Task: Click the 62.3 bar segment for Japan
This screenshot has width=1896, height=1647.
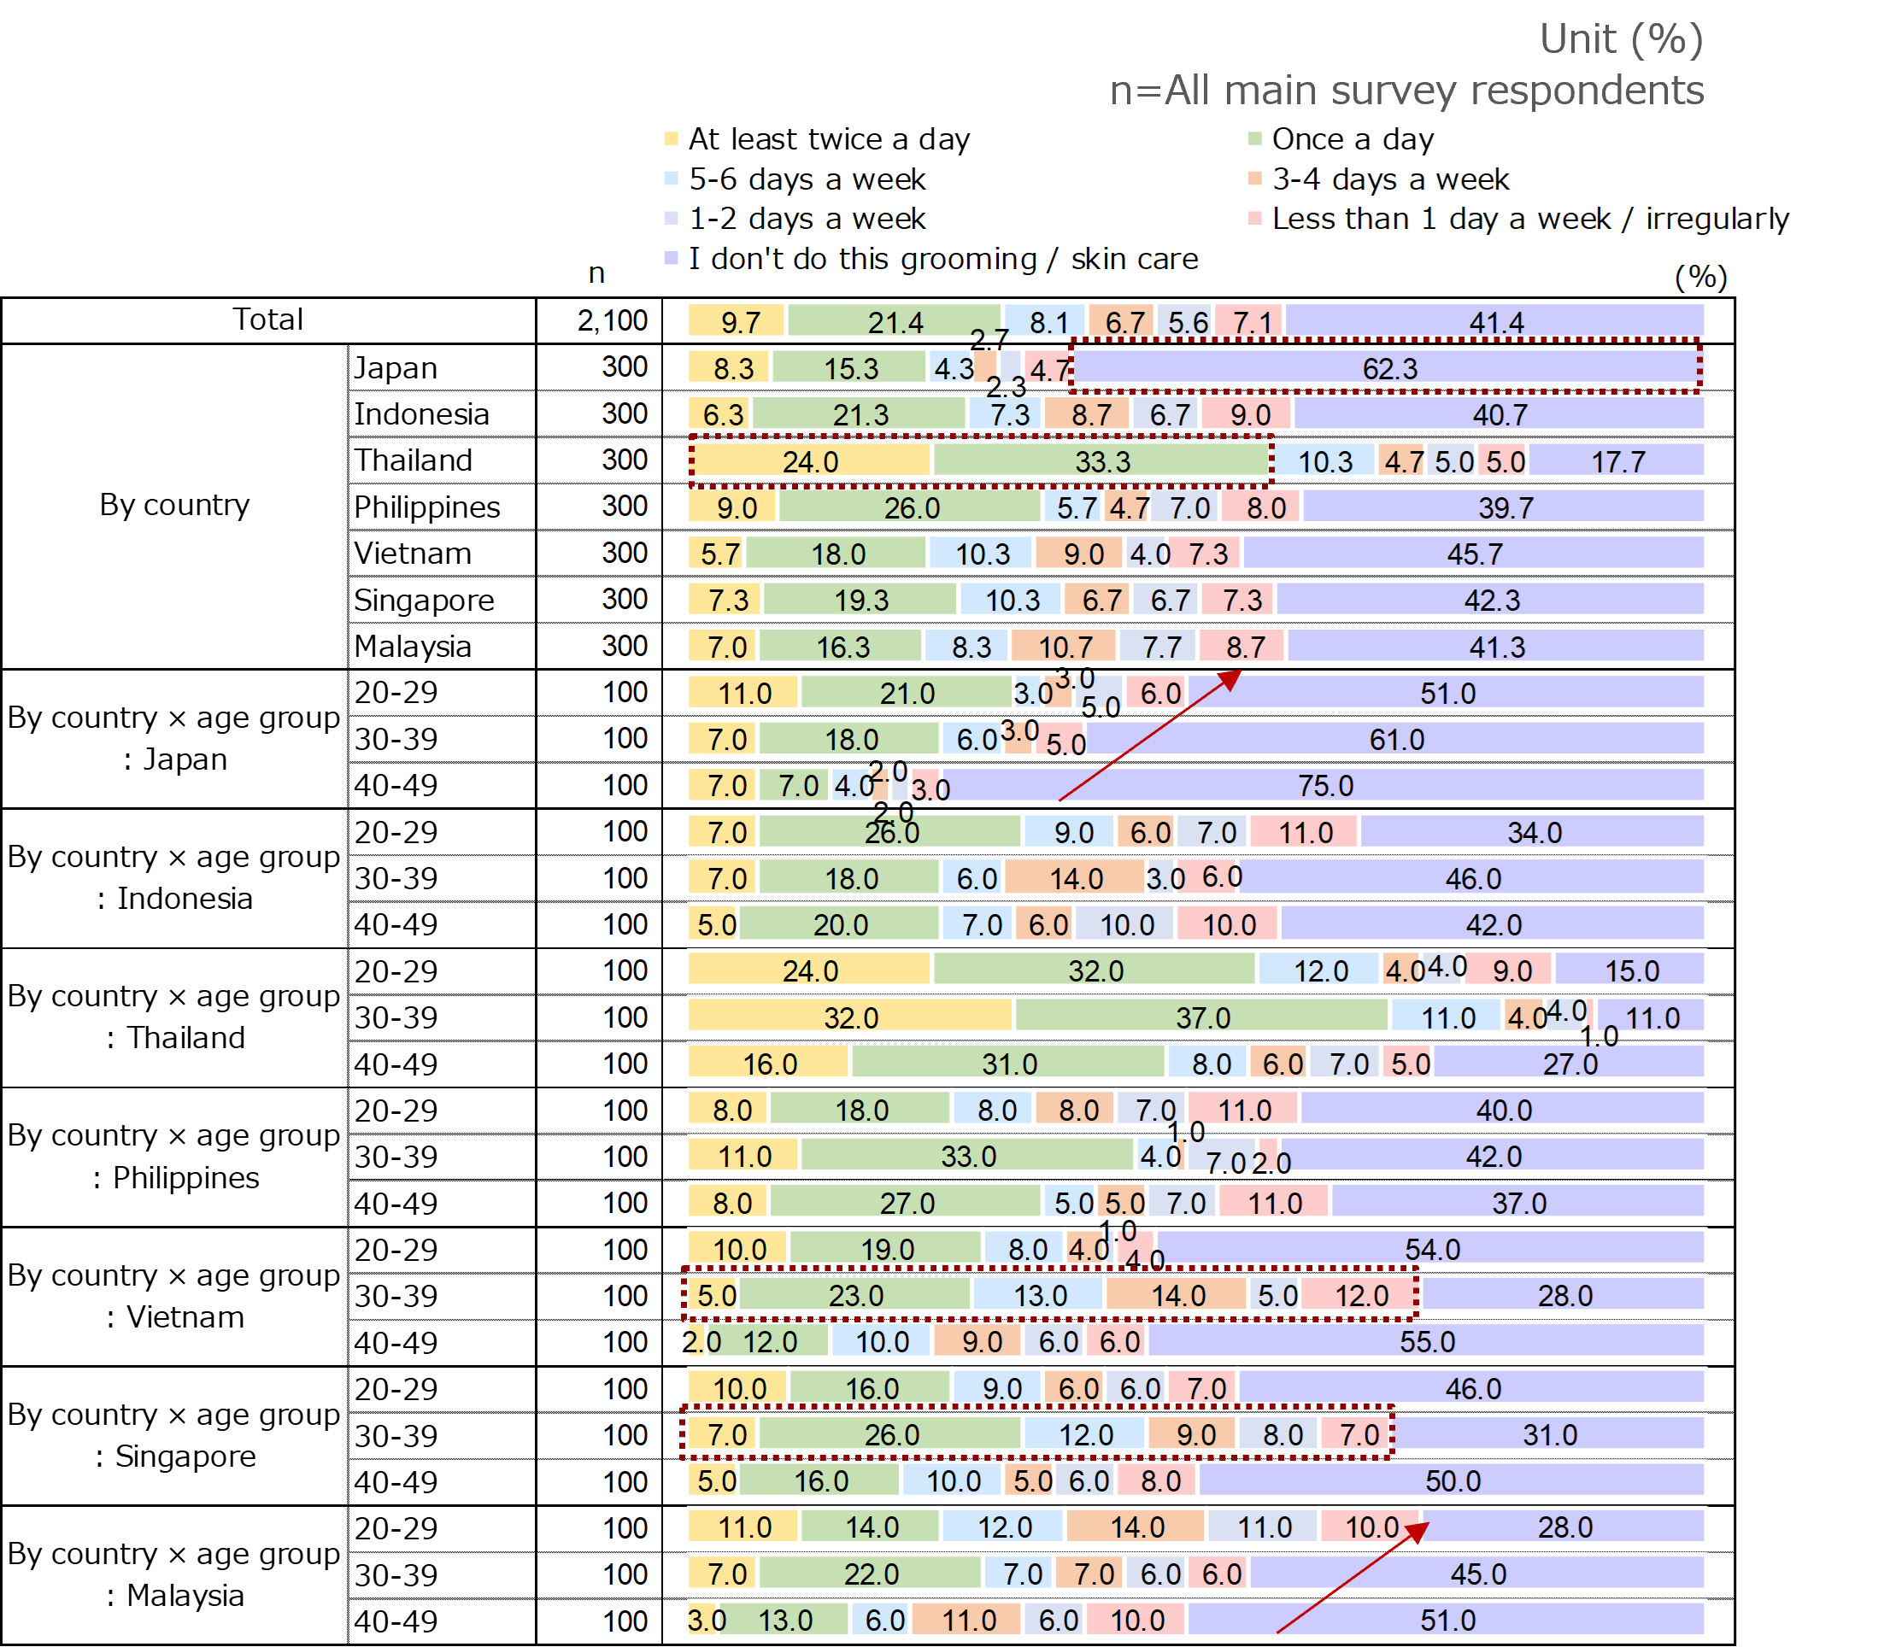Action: [1388, 368]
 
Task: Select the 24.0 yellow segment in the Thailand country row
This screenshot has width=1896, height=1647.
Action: [810, 460]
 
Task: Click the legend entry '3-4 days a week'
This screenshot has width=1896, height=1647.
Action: [1388, 179]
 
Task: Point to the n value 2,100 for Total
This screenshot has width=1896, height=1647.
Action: [612, 320]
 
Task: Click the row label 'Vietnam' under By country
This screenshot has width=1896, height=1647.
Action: [413, 554]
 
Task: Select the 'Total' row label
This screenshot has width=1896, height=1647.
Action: [267, 319]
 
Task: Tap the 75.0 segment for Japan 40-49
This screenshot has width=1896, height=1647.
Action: [1324, 786]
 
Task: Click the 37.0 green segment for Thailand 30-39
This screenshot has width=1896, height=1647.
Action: [1202, 1017]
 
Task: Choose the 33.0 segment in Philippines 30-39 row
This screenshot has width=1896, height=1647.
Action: [968, 1156]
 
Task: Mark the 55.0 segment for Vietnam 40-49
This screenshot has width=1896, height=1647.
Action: [1426, 1342]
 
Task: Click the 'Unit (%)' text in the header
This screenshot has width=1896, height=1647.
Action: [1620, 39]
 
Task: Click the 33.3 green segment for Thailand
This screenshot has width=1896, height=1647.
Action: [1102, 460]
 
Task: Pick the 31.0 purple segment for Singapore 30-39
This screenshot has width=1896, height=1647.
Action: [1549, 1434]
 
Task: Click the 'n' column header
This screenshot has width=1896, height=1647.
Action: [596, 273]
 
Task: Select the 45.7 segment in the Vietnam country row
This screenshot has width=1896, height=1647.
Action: [1474, 554]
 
